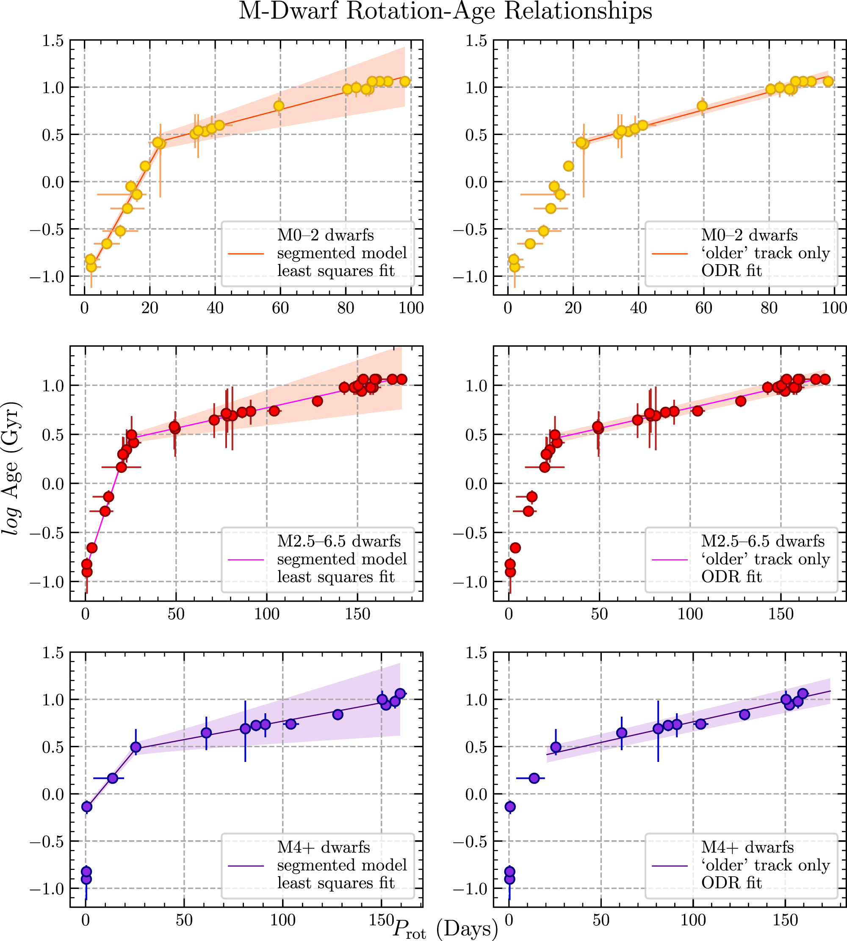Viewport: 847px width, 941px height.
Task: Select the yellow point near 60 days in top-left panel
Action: click(279, 105)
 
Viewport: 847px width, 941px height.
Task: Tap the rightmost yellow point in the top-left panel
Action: click(405, 81)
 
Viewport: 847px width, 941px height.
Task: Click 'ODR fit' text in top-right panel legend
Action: click(731, 271)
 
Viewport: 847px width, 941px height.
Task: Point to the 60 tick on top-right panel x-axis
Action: click(703, 308)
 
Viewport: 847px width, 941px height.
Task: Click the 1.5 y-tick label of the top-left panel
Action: click(53, 41)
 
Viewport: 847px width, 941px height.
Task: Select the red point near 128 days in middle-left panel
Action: click(317, 401)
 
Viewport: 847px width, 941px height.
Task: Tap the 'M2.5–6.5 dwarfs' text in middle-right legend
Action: click(763, 541)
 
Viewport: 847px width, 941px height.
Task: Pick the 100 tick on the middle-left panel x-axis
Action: click(267, 614)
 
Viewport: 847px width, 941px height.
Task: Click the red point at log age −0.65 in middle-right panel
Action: click(515, 547)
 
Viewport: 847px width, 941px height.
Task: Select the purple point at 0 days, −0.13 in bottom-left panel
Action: click(86, 806)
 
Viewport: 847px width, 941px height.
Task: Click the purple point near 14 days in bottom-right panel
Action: click(534, 778)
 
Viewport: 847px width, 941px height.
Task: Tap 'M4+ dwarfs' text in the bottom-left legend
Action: click(324, 847)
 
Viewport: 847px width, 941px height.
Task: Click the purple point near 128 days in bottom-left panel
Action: click(338, 715)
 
